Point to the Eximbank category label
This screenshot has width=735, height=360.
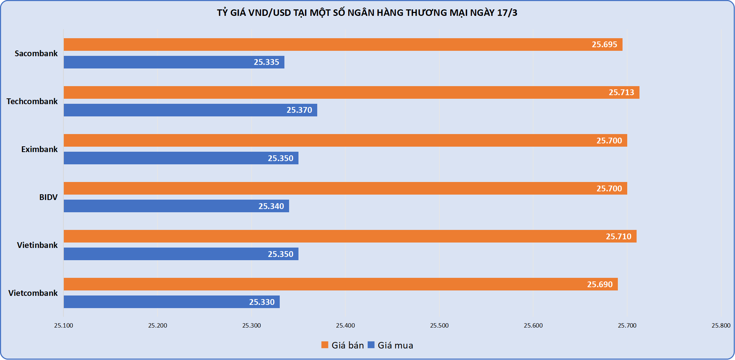tap(39, 149)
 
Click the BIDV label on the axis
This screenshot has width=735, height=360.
tap(48, 197)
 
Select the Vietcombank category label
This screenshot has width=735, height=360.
tap(33, 293)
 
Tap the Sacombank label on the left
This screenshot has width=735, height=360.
tap(36, 53)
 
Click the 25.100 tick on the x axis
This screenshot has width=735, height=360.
tap(63, 325)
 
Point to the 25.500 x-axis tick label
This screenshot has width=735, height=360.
tap(439, 325)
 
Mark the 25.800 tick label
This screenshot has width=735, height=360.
tap(721, 325)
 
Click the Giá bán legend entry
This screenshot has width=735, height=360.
tap(343, 345)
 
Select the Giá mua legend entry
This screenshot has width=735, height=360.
tap(391, 345)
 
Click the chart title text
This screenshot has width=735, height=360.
tap(367, 13)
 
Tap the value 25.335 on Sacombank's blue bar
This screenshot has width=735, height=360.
tap(266, 62)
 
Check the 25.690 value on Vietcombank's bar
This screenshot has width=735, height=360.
tap(600, 284)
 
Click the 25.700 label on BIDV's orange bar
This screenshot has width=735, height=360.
tap(609, 188)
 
